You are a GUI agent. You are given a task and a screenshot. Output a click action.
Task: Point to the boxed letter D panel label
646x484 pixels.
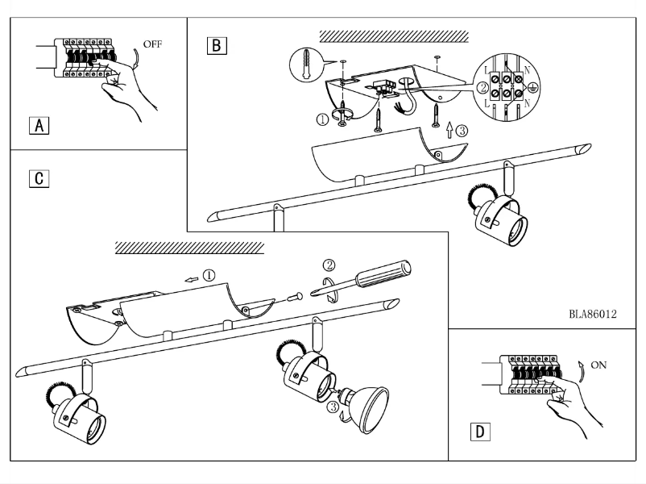pos(479,432)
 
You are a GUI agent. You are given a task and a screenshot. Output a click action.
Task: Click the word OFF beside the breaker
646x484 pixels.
pos(151,44)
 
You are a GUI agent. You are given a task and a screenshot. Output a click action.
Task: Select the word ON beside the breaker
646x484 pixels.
pos(598,365)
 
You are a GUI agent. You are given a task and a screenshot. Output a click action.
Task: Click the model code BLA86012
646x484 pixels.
pos(592,314)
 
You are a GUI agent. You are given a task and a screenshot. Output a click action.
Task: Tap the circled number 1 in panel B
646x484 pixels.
pos(323,120)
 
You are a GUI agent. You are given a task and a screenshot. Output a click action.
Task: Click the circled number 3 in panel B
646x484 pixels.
pos(461,129)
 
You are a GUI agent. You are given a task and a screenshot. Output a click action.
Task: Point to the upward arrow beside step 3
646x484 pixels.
pos(449,127)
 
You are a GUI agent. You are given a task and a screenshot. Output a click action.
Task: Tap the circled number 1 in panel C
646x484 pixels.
pos(209,276)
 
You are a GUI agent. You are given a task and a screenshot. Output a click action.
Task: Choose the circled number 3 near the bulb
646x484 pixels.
pos(333,407)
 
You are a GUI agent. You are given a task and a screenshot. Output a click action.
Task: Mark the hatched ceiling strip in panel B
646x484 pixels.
pos(394,36)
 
